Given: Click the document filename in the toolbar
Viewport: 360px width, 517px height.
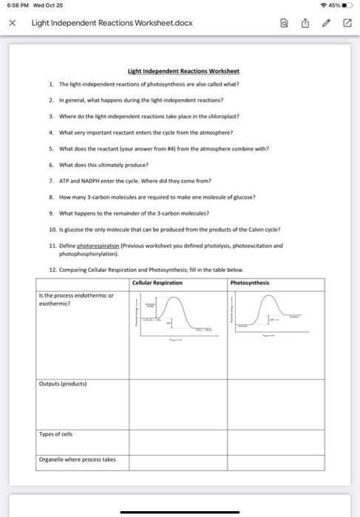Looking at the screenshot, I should [112, 23].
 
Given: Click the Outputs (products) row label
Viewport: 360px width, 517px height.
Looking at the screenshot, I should [62, 384].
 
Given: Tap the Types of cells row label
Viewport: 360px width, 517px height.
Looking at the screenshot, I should [55, 434].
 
